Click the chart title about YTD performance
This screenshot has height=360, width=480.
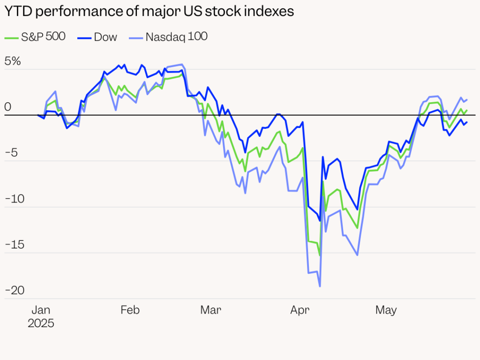(x=149, y=11)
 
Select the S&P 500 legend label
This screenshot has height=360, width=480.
(x=43, y=37)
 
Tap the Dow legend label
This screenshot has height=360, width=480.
(x=105, y=37)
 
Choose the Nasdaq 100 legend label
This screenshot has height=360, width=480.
(x=177, y=37)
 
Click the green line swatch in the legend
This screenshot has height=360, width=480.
(x=12, y=38)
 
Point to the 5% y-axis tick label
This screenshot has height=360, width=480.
(x=13, y=61)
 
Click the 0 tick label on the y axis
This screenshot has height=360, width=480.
(x=7, y=107)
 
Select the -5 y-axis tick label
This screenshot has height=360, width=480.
(x=11, y=153)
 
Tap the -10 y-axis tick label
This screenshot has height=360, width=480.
(x=15, y=199)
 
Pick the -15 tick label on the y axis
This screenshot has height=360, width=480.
(x=15, y=245)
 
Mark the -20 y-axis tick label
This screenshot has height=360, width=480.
(x=15, y=291)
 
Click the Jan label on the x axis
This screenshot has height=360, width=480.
(x=41, y=310)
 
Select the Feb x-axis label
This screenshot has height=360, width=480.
(x=130, y=310)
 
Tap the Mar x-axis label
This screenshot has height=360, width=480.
(x=210, y=310)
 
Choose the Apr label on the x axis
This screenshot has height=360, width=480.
(x=300, y=310)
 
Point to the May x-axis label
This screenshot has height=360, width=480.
(x=386, y=310)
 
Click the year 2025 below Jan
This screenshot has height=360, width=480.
(x=41, y=323)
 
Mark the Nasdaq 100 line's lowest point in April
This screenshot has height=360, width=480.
(x=320, y=286)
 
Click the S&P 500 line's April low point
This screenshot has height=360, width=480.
(x=320, y=255)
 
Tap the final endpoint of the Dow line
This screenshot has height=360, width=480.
(x=467, y=122)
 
